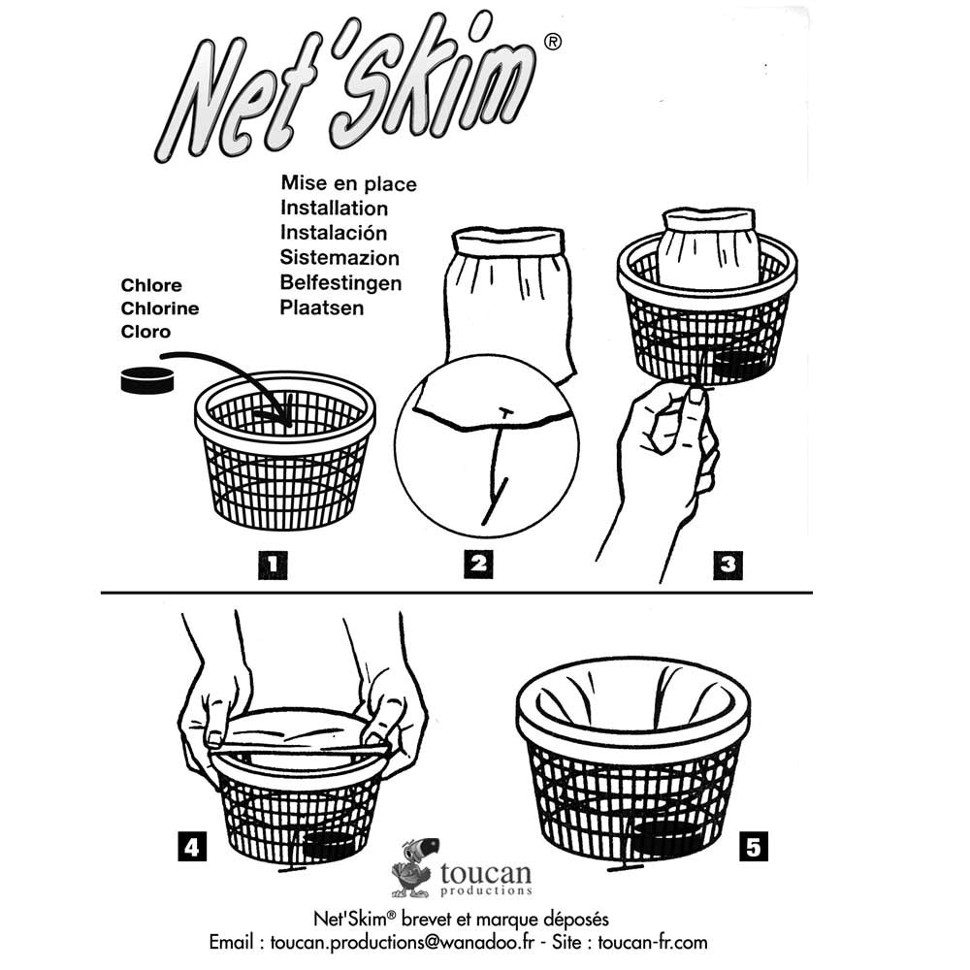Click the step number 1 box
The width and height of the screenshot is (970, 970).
tap(273, 565)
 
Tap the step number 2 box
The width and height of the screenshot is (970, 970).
tap(478, 564)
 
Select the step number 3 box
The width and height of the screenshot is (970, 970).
tap(728, 565)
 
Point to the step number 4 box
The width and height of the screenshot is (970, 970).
tap(192, 846)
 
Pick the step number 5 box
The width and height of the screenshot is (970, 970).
tap(754, 847)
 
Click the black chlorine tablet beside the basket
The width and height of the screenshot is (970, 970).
tap(147, 380)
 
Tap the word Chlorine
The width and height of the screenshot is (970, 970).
tap(160, 308)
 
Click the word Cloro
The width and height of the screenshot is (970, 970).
tap(145, 332)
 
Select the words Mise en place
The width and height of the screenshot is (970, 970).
tap(348, 183)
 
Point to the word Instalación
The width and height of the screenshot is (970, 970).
tap(334, 233)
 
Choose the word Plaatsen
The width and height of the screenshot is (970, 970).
tap(322, 307)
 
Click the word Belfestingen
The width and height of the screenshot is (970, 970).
tap(340, 282)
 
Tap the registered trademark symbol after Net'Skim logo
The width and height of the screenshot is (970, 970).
tap(553, 42)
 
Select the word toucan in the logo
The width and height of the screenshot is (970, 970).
tap(486, 874)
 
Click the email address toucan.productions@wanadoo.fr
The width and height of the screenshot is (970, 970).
tap(402, 942)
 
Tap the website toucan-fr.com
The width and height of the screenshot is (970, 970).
tap(653, 942)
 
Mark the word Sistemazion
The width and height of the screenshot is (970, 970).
tap(339, 257)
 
